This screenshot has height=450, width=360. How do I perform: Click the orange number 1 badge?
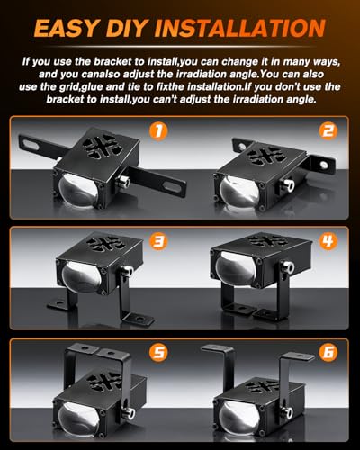tap(158, 131)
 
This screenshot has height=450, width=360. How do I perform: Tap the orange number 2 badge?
tap(328, 131)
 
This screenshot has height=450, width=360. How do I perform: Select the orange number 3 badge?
tap(158, 242)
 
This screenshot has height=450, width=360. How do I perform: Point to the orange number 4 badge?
tap(328, 242)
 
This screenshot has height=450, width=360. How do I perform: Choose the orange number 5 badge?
tap(158, 352)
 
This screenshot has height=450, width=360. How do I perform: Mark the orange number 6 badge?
tap(328, 352)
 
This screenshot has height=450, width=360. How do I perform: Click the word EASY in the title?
tap(67, 28)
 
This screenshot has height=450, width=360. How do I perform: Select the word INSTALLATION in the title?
tap(240, 28)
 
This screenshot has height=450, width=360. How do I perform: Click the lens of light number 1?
tap(79, 191)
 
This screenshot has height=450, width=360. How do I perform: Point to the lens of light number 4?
tap(236, 268)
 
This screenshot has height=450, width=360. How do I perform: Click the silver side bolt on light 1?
tap(123, 182)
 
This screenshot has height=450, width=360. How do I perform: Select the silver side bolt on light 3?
tap(127, 271)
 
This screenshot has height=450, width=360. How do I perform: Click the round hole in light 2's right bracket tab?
tap(324, 165)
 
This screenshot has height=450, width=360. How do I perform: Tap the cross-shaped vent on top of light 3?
tap(105, 244)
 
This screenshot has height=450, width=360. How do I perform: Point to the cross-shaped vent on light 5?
tap(105, 381)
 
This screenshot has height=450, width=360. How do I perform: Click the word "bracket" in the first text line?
tap(112, 62)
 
